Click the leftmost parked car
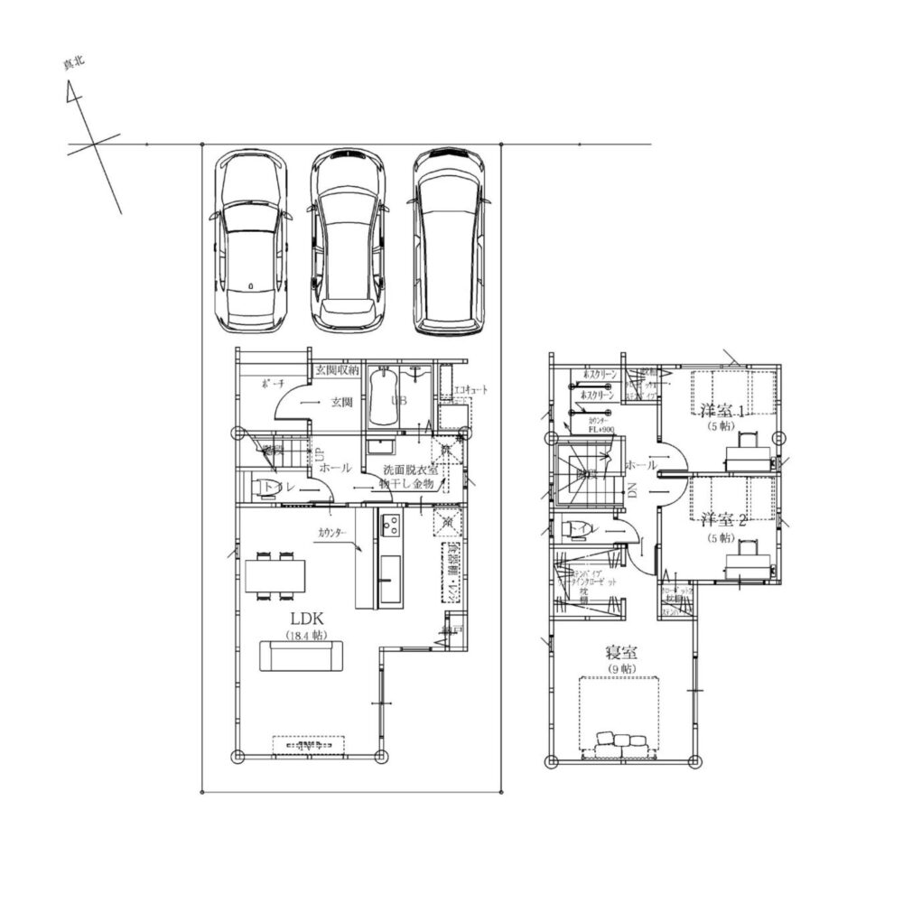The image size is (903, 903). pyautogui.click(x=250, y=241)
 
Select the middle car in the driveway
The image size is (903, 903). pyautogui.click(x=348, y=241)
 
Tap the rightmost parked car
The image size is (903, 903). pyautogui.click(x=447, y=241)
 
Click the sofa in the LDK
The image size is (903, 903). pyautogui.click(x=302, y=656)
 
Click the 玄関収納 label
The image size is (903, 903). pyautogui.click(x=337, y=369)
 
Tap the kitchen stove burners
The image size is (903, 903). pyautogui.click(x=391, y=525)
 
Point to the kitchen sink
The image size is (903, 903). pyautogui.click(x=391, y=572)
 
